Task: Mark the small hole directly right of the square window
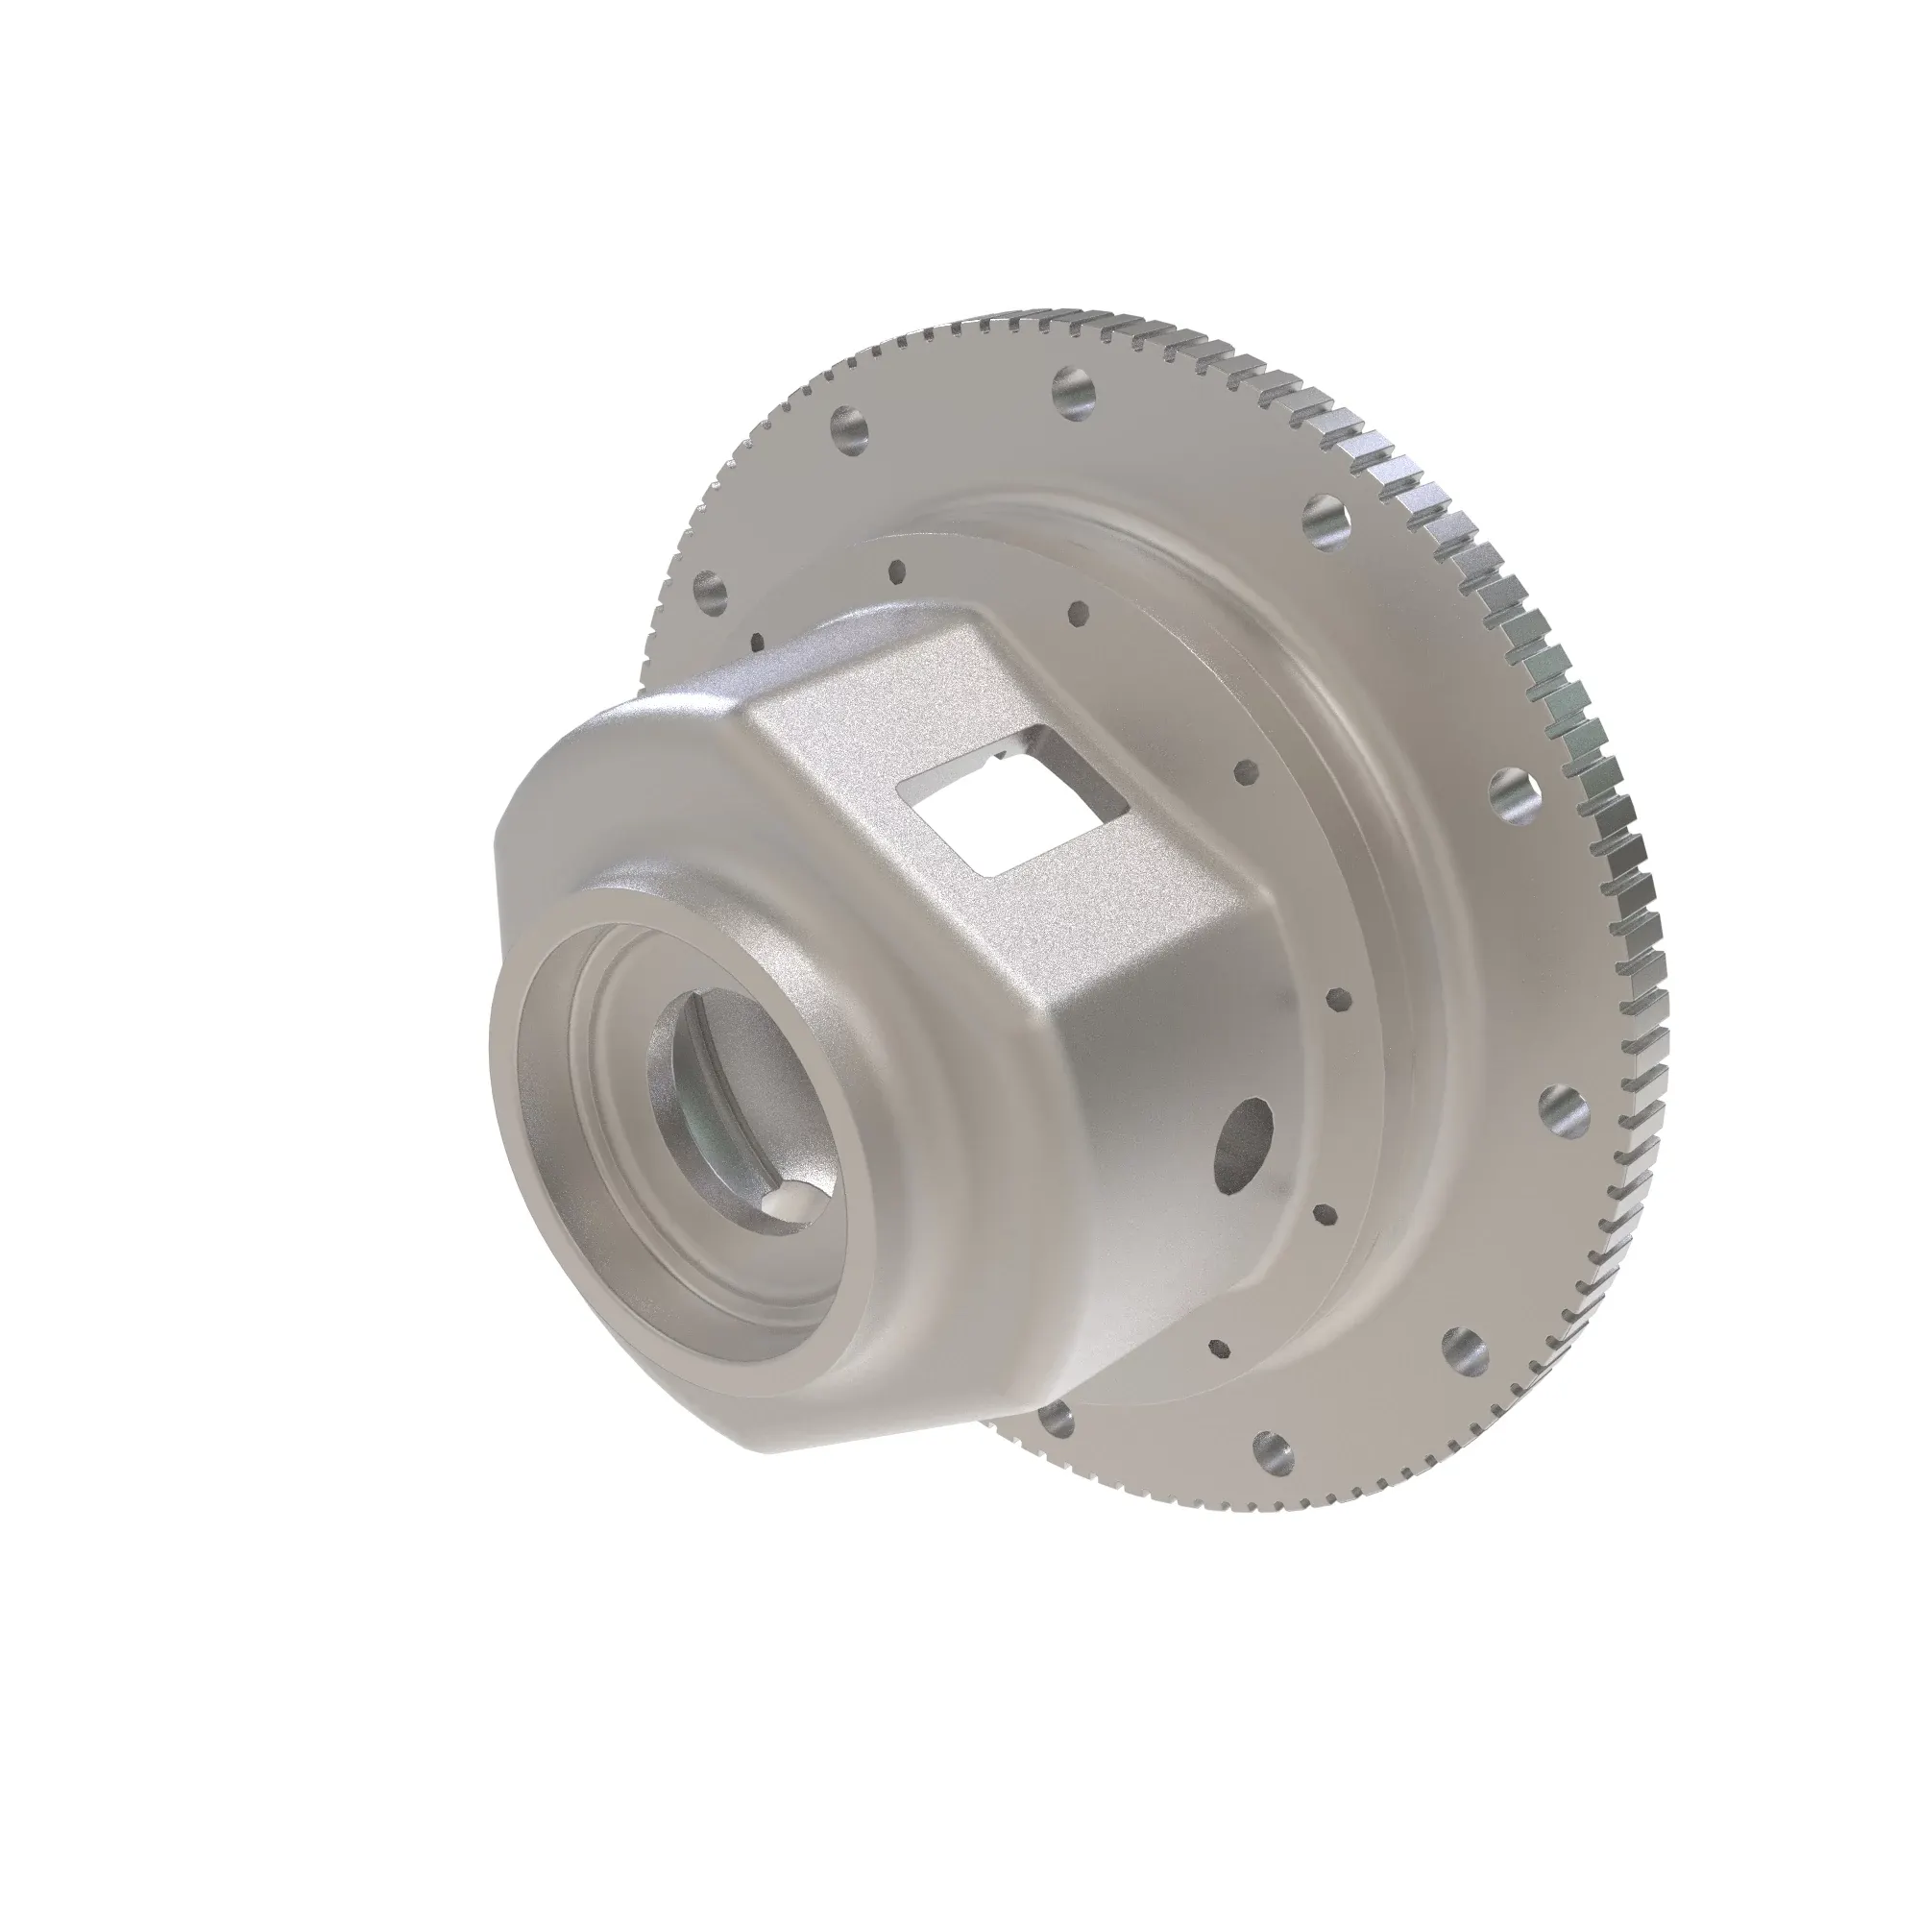tap(1244, 770)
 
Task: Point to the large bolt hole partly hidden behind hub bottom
tap(1057, 1419)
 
